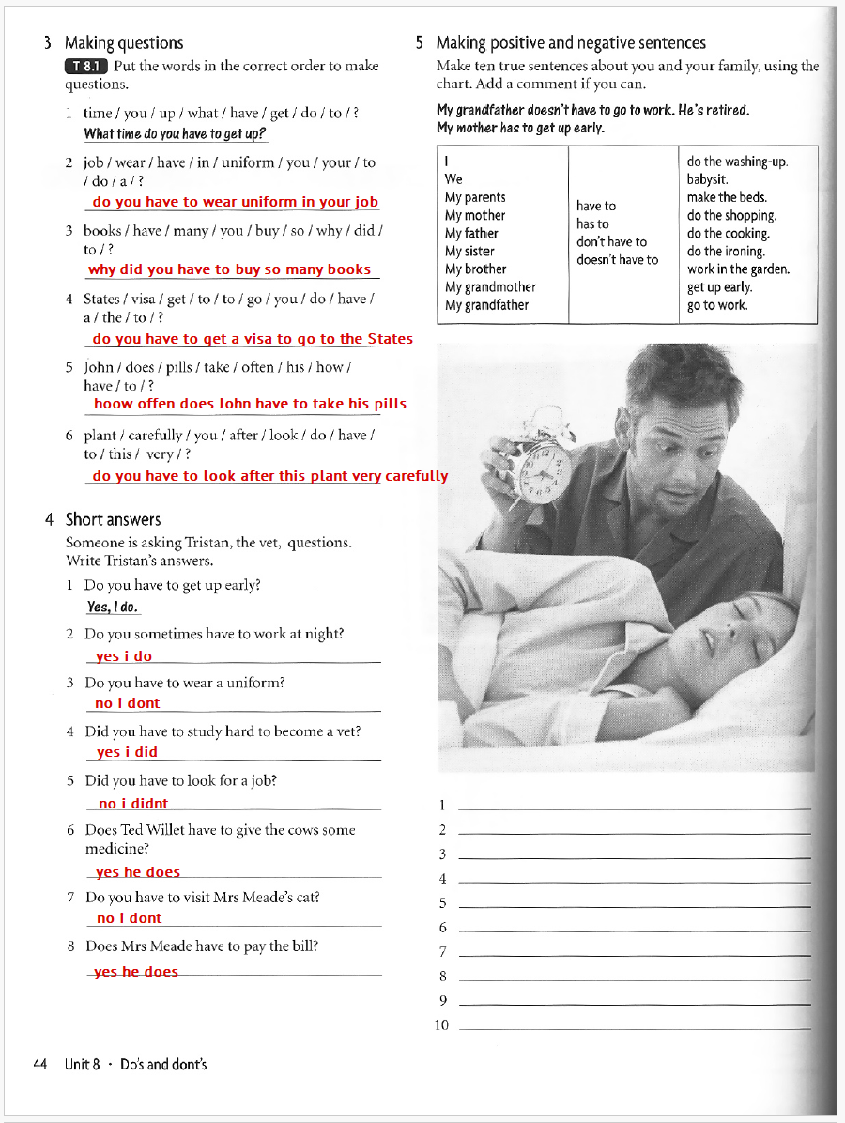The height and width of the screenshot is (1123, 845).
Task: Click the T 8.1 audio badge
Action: pos(86,66)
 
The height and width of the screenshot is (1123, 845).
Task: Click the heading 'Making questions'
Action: pos(124,42)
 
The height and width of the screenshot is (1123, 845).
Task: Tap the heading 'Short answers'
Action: pos(113,519)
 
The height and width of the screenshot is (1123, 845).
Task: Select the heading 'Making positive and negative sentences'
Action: pos(571,42)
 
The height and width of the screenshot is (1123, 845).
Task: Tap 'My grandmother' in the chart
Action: pos(490,287)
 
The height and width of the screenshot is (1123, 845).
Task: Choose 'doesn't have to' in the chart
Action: pos(617,260)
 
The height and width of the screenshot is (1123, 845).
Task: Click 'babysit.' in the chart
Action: pos(708,179)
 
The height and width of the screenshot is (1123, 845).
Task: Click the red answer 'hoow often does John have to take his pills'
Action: pos(250,404)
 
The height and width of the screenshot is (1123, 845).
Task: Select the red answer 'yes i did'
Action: pos(127,752)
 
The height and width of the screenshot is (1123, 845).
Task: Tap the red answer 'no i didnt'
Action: pos(133,804)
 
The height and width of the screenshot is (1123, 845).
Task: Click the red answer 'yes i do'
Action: pos(124,656)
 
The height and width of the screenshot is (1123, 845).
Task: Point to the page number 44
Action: pos(39,1064)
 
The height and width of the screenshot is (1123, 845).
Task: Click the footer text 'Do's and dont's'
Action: pos(163,1064)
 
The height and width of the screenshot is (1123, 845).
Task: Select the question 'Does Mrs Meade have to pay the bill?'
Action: pos(201,946)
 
